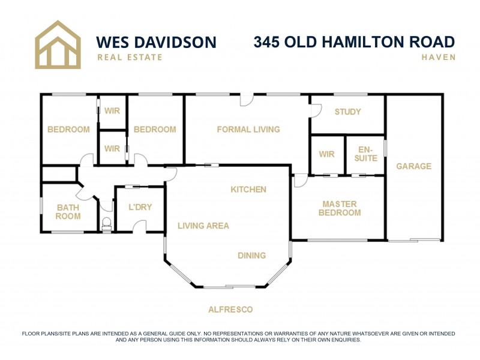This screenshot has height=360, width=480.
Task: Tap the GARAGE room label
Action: [413, 166]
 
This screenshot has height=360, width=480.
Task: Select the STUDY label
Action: [347, 112]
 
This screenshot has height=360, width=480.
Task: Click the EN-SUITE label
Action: [365, 154]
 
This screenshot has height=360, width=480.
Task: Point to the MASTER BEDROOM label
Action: [340, 208]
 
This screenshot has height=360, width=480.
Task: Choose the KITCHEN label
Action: [248, 190]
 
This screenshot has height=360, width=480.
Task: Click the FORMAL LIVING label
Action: [248, 129]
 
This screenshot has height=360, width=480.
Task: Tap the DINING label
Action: [251, 256]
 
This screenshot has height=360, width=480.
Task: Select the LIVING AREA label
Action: [203, 226]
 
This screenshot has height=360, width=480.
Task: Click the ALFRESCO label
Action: [230, 310]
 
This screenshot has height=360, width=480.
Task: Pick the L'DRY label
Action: [140, 208]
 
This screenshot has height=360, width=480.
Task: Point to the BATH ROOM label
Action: [68, 212]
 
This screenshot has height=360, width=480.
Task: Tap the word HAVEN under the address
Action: [438, 58]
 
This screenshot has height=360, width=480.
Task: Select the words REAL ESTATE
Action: [130, 58]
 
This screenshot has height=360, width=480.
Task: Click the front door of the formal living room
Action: [247, 100]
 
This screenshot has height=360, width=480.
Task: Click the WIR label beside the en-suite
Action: [326, 154]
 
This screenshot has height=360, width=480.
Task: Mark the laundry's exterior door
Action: [140, 226]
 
